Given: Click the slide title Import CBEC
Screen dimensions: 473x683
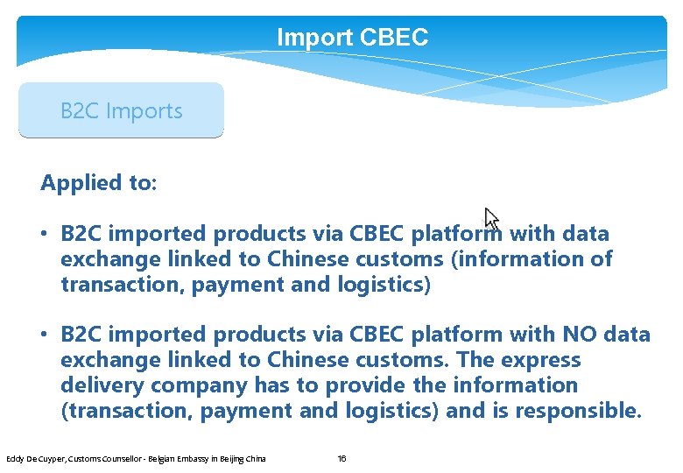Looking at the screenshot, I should tap(352, 38).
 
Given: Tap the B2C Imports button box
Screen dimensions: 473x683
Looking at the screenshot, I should tap(121, 111).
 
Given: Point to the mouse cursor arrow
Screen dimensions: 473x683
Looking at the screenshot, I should tap(491, 218).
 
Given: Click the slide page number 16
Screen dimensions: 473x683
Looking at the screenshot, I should tap(342, 458).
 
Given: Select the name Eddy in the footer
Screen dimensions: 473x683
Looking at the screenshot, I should tap(15, 458).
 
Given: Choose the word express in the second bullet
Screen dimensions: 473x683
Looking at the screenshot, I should tap(544, 360).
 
